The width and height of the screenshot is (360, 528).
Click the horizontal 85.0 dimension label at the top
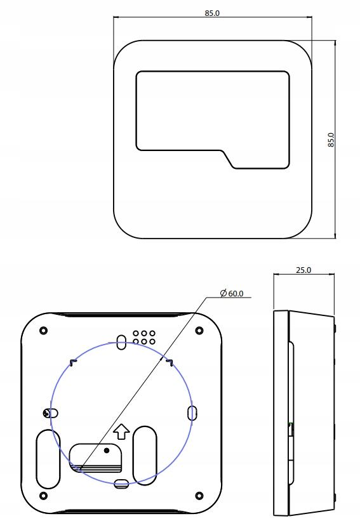(212, 13)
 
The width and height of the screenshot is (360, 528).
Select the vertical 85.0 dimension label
(330, 140)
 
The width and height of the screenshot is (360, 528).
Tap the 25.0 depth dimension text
(303, 270)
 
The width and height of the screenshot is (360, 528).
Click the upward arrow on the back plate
(121, 431)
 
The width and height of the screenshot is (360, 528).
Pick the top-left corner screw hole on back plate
(43, 330)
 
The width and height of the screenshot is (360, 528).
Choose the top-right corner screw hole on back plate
(199, 330)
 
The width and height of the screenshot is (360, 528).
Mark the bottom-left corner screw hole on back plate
(43, 495)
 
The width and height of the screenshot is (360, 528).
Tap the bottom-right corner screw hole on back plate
(199, 495)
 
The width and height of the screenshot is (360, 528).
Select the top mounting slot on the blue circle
(121, 342)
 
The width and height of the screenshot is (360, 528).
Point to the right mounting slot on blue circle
(192, 413)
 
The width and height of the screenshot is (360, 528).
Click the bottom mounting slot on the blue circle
(121, 484)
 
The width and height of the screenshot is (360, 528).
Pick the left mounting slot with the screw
(49, 413)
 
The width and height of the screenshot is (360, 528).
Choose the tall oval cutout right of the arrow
(145, 454)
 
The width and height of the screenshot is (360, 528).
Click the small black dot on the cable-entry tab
(107, 451)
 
